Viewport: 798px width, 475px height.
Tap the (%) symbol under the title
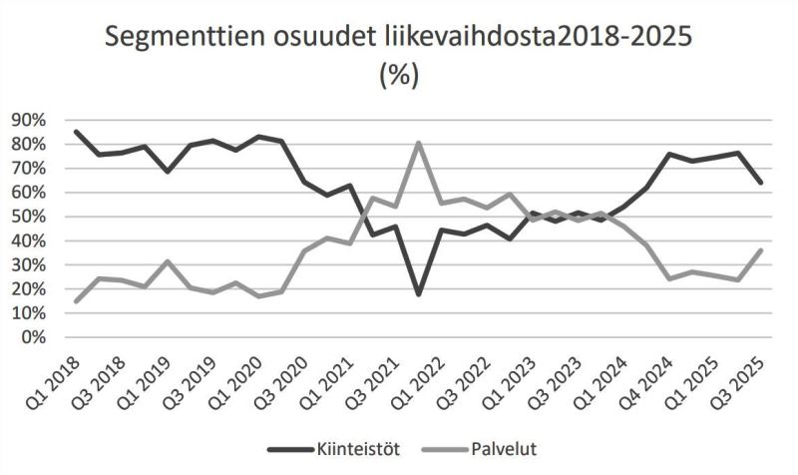pos(399,75)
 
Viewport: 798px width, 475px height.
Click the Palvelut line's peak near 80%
pos(418,142)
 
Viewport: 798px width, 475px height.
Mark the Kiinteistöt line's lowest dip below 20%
pos(418,294)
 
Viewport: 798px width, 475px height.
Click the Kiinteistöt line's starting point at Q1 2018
pos(78,132)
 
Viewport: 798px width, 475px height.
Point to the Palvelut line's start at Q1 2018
pos(78,300)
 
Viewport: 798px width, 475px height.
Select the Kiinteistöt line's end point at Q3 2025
pos(760,183)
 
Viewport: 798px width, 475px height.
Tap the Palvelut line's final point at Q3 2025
pos(760,249)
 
